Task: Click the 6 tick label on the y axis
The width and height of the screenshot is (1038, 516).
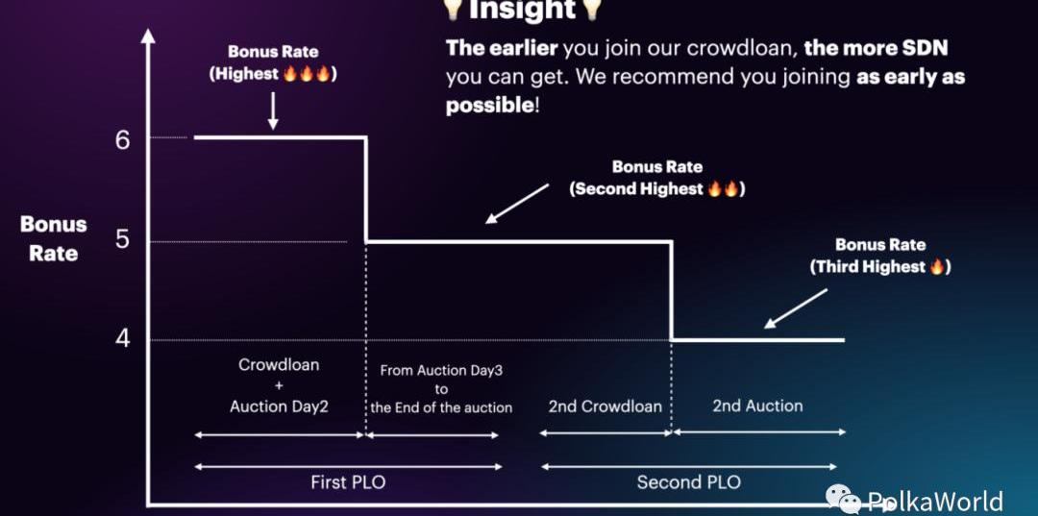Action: pos(123,140)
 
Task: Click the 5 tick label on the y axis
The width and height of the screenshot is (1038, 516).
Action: pos(123,239)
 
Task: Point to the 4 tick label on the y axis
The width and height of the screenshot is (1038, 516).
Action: pos(123,338)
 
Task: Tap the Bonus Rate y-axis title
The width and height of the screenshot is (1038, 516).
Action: pos(54,239)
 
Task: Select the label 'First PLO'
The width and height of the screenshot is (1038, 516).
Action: pos(348,482)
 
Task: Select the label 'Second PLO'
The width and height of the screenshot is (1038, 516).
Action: pos(688,481)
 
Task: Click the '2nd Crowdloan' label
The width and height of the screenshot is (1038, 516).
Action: pos(605,405)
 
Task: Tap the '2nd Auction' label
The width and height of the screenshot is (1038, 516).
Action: pos(757,405)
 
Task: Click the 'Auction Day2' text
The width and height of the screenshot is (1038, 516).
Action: pos(280,406)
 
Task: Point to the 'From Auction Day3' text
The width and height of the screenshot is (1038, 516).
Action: pos(441,371)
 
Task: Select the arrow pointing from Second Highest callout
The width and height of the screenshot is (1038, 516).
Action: pos(517,203)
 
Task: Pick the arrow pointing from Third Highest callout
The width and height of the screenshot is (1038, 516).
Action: pos(796,308)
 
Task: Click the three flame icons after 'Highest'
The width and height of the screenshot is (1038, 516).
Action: pos(307,73)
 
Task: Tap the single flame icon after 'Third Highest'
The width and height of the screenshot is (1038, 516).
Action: pos(936,266)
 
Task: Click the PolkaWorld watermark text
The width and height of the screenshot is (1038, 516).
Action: pos(935,501)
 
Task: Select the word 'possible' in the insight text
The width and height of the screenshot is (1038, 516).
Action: pos(489,105)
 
